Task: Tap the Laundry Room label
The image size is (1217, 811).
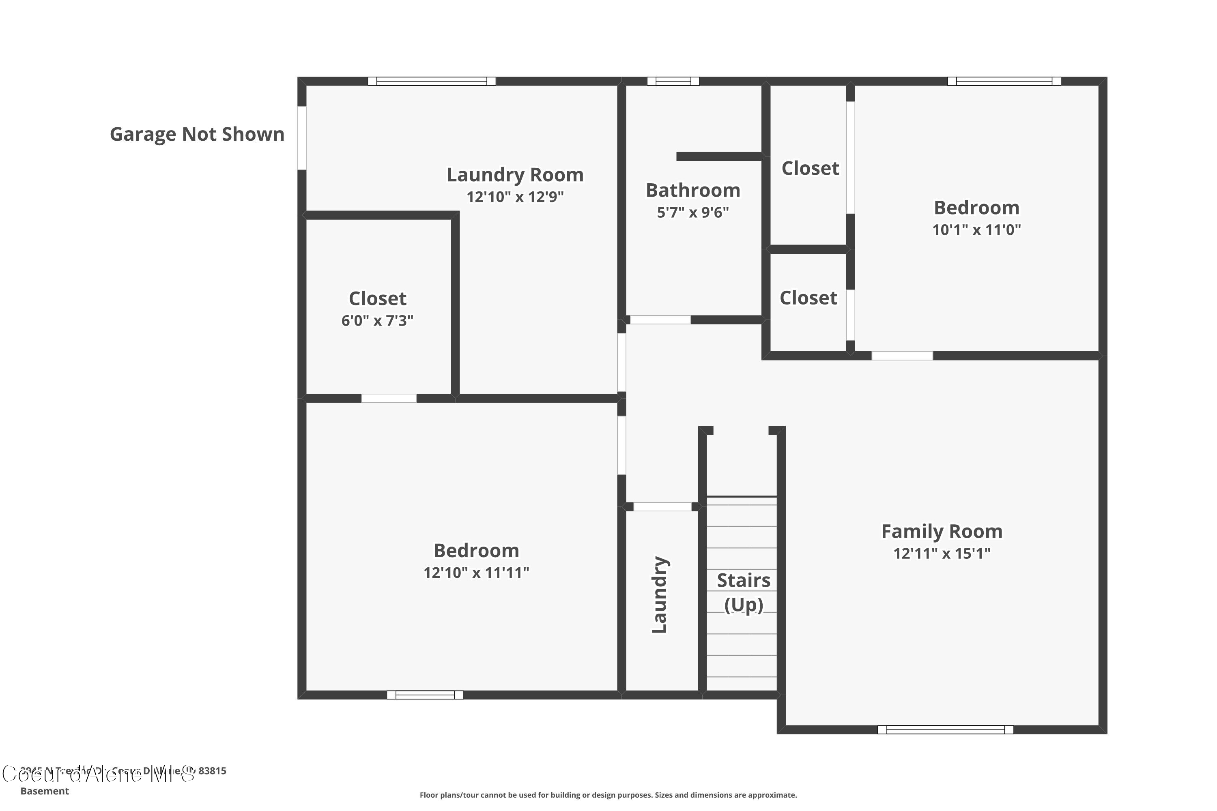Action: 515,175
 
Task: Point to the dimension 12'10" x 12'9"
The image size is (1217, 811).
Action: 515,197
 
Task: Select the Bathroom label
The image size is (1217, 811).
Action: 693,190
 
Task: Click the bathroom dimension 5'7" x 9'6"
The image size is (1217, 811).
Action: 693,212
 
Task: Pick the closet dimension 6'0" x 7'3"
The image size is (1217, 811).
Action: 377,321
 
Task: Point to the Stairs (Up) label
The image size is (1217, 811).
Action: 744,592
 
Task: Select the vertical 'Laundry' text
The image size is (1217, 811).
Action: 659,595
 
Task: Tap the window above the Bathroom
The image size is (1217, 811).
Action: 673,81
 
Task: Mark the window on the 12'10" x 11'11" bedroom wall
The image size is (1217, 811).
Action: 425,695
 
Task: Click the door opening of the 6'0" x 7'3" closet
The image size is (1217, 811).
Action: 389,398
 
